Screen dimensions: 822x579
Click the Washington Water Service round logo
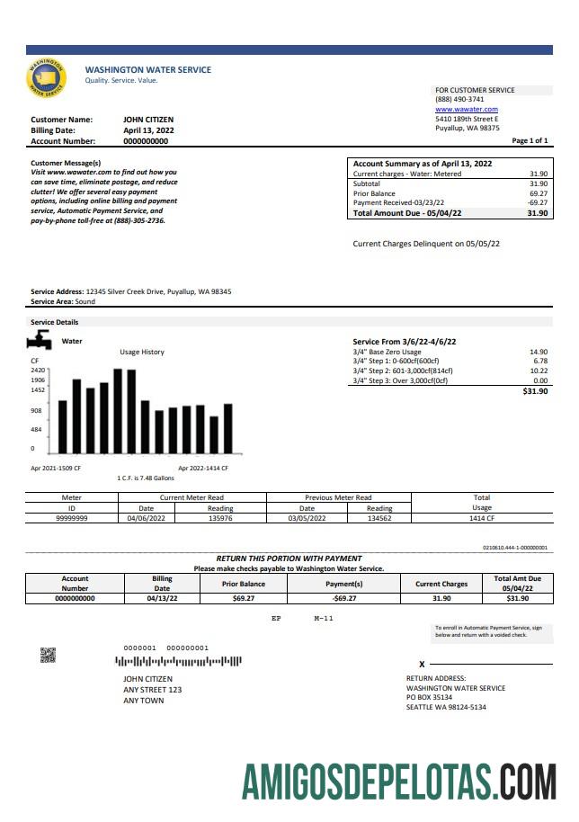pos(47,78)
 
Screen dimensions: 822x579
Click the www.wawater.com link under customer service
pos(466,109)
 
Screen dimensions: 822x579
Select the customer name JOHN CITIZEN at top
pos(148,119)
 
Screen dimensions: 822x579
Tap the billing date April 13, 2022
pos(148,130)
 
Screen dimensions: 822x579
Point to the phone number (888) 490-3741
pos(459,100)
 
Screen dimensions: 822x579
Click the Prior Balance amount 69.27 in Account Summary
pos(539,193)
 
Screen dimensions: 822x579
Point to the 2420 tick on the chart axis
pos(38,370)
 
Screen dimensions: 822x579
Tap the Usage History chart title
pos(142,352)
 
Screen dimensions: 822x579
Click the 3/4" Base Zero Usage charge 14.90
pos(539,352)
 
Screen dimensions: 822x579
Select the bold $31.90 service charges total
pos(535,391)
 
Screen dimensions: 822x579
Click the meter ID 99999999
pos(71,519)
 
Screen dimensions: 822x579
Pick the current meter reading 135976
pos(219,519)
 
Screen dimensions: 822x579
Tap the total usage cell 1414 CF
pos(482,519)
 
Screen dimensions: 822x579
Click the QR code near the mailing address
pos(48,655)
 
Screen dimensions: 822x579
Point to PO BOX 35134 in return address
pos(430,697)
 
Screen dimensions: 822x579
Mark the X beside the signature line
pos(422,664)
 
